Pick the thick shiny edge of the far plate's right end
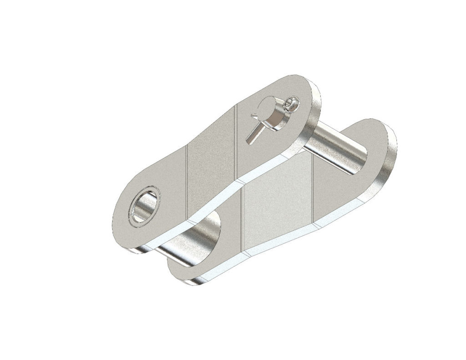[x=390, y=159]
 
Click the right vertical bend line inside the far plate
[x=313, y=191]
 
